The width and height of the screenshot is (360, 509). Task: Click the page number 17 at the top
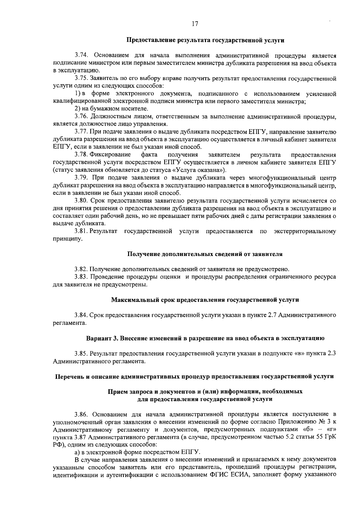(x=195, y=24)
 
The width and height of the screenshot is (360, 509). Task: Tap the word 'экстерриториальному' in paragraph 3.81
(x=305, y=231)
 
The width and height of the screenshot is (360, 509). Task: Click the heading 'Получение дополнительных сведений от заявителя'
(x=205, y=254)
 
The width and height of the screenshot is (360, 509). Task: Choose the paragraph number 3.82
(x=81, y=269)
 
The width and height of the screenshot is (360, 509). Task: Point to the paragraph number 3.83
(x=81, y=277)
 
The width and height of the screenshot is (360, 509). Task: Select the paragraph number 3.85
(x=81, y=353)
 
